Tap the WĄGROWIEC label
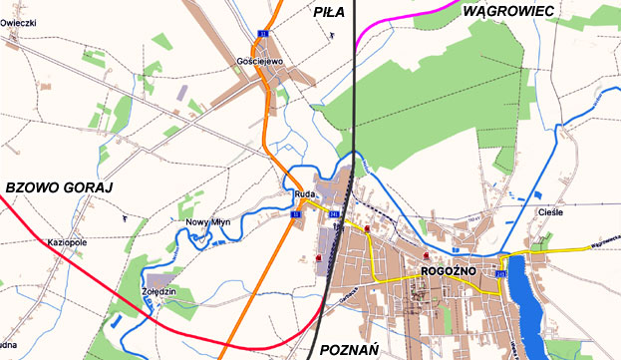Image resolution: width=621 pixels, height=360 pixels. [509, 10]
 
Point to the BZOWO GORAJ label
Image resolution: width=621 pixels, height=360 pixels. [61, 187]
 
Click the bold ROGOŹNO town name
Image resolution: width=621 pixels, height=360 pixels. [452, 270]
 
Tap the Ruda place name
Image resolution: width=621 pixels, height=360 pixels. [305, 194]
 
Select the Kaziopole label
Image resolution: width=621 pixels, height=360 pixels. [67, 242]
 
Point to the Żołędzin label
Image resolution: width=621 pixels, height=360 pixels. [158, 291]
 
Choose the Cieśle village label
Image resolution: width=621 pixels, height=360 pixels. [550, 211]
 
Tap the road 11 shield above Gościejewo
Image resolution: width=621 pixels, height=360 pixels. [263, 35]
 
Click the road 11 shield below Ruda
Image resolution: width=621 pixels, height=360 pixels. [296, 213]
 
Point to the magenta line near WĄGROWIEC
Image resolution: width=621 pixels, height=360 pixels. [399, 14]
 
